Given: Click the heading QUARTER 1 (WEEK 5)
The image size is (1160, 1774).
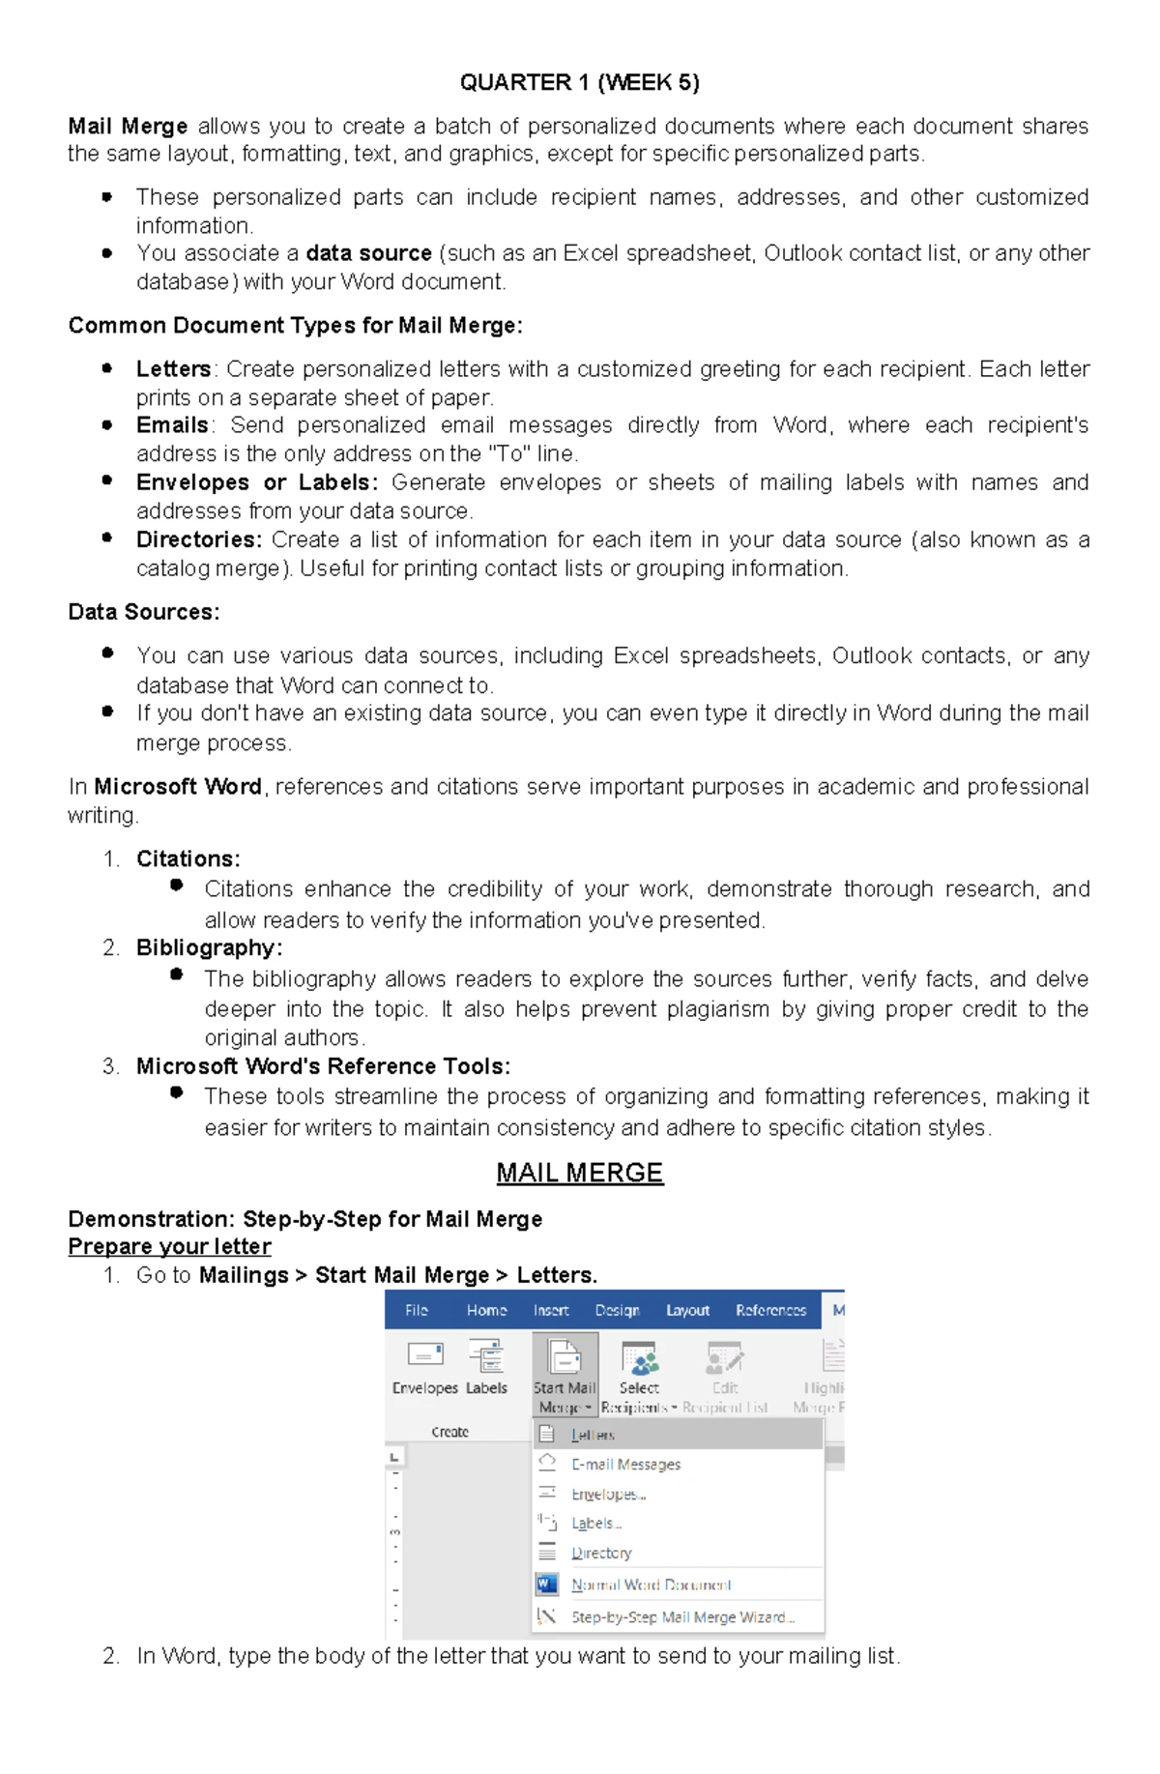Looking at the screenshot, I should (579, 82).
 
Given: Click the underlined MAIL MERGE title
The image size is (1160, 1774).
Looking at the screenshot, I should (579, 1173).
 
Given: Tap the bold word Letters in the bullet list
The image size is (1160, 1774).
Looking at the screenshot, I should (173, 369).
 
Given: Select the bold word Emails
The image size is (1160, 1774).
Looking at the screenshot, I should (172, 425).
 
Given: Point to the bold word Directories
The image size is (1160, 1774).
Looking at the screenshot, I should (198, 539).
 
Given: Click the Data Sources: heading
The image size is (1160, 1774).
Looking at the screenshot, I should (144, 612).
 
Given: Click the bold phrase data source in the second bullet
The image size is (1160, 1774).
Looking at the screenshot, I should (368, 253).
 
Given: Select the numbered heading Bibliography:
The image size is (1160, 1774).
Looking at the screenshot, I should (209, 947).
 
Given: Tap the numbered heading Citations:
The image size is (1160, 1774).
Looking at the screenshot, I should (188, 858).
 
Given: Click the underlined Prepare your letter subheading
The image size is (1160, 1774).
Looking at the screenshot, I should (169, 1246).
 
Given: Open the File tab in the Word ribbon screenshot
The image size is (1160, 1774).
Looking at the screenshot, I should (417, 1310).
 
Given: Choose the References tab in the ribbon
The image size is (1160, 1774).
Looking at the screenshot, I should (770, 1310).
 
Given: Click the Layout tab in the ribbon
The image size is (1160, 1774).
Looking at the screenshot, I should (687, 1310).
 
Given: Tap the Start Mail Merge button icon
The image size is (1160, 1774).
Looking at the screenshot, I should (565, 1357).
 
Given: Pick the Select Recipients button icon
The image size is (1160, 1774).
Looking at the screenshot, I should (639, 1357).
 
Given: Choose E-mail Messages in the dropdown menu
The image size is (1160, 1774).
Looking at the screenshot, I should (625, 1465).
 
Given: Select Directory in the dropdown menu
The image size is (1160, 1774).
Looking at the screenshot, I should (601, 1553).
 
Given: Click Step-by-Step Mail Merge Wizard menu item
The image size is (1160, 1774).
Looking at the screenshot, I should (682, 1616).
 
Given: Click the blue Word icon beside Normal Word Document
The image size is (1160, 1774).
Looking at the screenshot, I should (546, 1585).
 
